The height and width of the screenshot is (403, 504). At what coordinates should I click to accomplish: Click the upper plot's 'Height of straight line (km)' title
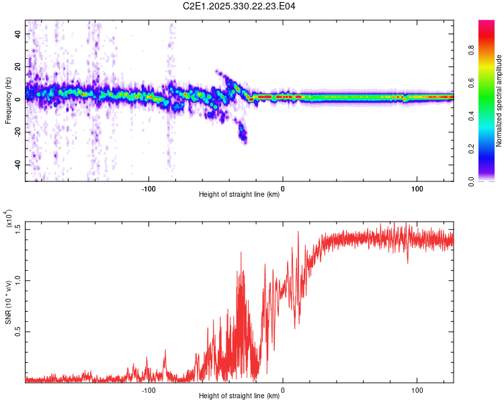pos(239,195)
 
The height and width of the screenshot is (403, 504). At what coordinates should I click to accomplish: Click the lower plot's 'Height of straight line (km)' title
pos(239,396)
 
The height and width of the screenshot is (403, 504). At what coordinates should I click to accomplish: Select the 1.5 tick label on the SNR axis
pos(18,229)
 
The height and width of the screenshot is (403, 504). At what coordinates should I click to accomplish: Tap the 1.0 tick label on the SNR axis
pos(18,280)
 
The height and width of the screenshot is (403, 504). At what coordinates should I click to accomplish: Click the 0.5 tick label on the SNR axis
pos(18,332)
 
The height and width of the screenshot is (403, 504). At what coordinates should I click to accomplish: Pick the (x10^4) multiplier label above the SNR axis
pos(9,220)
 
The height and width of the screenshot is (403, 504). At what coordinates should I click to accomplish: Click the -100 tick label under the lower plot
pos(149,389)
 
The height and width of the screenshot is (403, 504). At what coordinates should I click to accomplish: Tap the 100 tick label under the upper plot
pos(417,187)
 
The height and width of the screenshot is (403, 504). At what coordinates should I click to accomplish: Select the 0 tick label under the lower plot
pos(282,389)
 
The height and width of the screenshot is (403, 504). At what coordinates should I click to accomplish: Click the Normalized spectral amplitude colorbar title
pos(499,101)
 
